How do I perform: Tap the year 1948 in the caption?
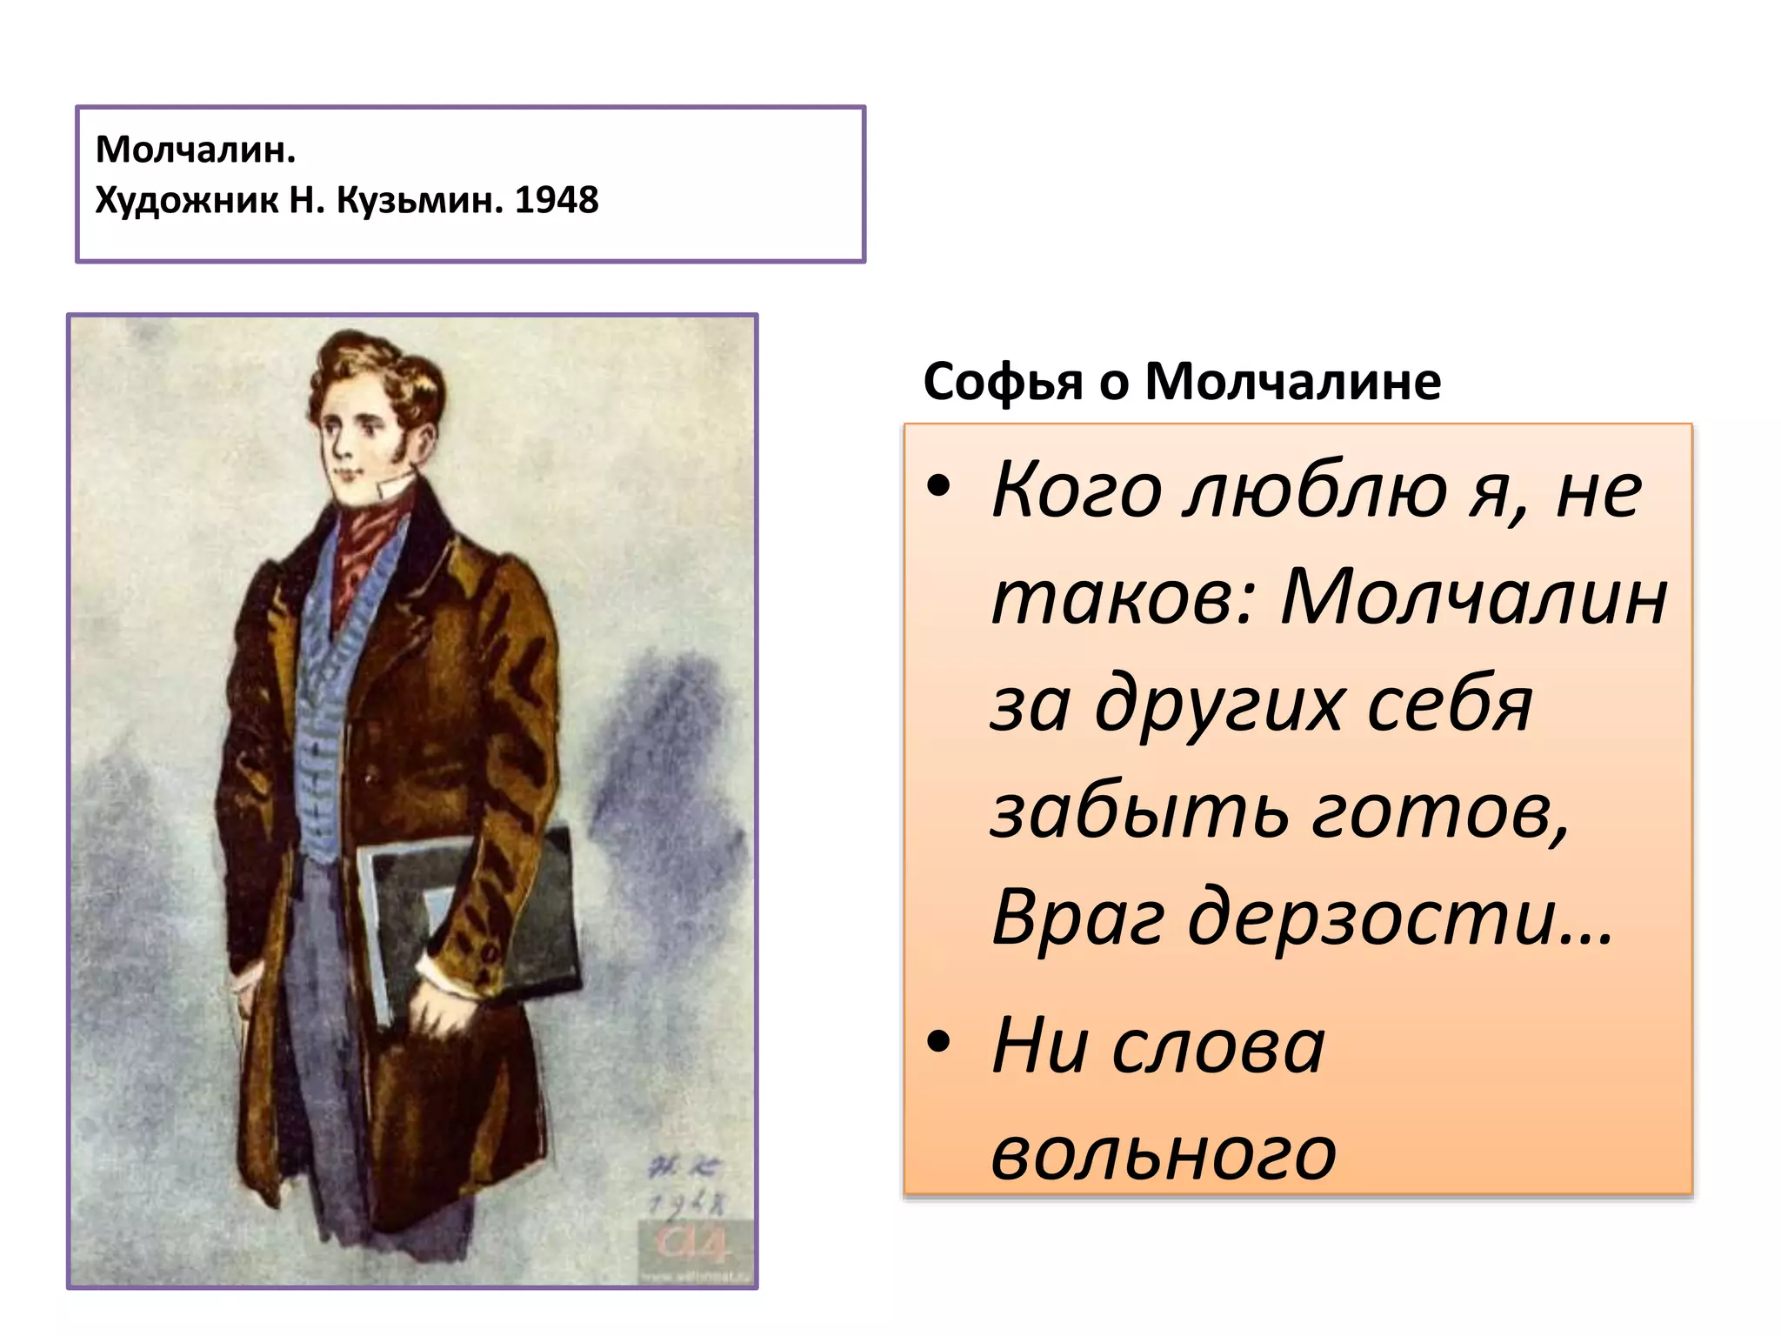pos(557,200)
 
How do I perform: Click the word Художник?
pos(186,200)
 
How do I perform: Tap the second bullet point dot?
pos(938,1042)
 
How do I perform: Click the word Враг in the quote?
pos(1077,918)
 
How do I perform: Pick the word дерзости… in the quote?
pos(1400,918)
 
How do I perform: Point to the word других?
pos(1217,705)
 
